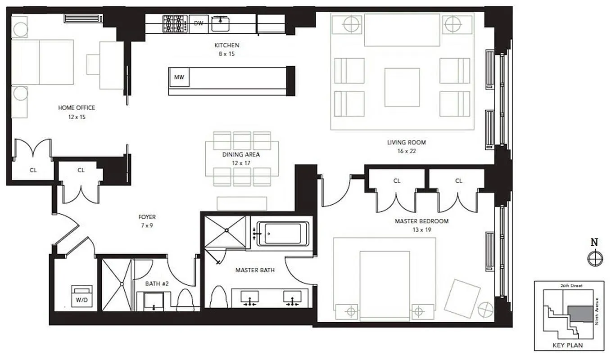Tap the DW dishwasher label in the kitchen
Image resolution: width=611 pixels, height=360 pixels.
198,24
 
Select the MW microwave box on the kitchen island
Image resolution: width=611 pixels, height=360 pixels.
179,77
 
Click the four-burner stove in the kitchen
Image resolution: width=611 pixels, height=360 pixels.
175,23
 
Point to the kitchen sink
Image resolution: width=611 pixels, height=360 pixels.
221,23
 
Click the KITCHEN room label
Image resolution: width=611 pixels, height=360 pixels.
226,45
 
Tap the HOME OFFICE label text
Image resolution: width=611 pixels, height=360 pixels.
77,108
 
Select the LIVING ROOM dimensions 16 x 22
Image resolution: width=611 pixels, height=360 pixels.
406,151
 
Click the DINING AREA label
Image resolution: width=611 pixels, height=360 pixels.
241,154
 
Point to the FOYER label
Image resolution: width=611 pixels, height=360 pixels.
147,217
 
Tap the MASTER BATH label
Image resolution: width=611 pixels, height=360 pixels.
255,270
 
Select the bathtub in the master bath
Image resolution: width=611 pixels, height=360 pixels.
283,234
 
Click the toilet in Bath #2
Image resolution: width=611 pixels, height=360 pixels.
185,300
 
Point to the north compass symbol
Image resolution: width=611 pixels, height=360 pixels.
595,258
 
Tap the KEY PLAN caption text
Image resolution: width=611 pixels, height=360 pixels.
567,345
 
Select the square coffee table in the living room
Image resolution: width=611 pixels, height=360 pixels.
402,87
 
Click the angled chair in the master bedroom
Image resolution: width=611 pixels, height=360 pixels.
462,298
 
